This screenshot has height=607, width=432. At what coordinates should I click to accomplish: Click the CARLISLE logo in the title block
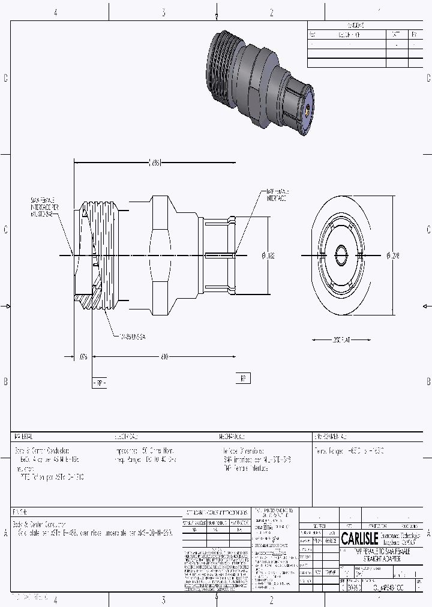pyautogui.click(x=359, y=538)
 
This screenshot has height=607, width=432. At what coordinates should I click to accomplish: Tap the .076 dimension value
pyautogui.click(x=83, y=356)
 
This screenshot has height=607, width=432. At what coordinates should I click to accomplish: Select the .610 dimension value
pyautogui.click(x=164, y=356)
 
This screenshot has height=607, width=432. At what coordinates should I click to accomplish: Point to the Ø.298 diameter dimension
pyautogui.click(x=393, y=256)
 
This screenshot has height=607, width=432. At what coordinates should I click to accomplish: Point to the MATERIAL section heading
pyautogui.click(x=23, y=436)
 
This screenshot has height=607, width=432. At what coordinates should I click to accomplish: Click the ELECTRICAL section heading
pyautogui.click(x=126, y=436)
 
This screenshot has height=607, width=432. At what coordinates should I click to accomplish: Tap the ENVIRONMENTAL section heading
pyautogui.click(x=330, y=436)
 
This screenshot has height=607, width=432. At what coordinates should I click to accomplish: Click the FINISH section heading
pyautogui.click(x=20, y=512)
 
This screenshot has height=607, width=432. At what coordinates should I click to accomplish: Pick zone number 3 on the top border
pyautogui.click(x=163, y=12)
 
